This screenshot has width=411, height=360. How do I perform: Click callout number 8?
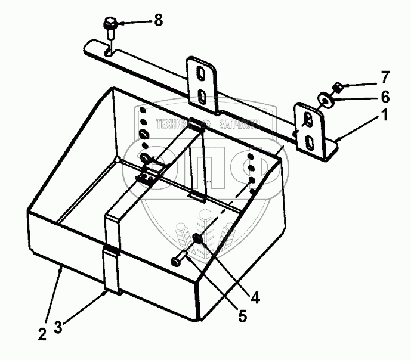click(158, 21)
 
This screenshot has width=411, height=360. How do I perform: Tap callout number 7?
click(385, 77)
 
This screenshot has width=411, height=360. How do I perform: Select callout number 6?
click(385, 96)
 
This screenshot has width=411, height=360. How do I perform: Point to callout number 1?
click(385, 116)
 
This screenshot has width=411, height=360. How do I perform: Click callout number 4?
click(255, 296)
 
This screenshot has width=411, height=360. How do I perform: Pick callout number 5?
click(242, 315)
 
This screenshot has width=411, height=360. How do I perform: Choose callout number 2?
click(42, 334)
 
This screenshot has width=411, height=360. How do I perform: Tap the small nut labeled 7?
click(336, 88)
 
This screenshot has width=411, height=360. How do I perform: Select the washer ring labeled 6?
click(326, 100)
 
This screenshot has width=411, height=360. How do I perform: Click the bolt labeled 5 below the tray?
click(180, 260)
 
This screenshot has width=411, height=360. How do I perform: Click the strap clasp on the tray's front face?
click(111, 251)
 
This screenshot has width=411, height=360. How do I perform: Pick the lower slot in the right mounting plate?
click(310, 142)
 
